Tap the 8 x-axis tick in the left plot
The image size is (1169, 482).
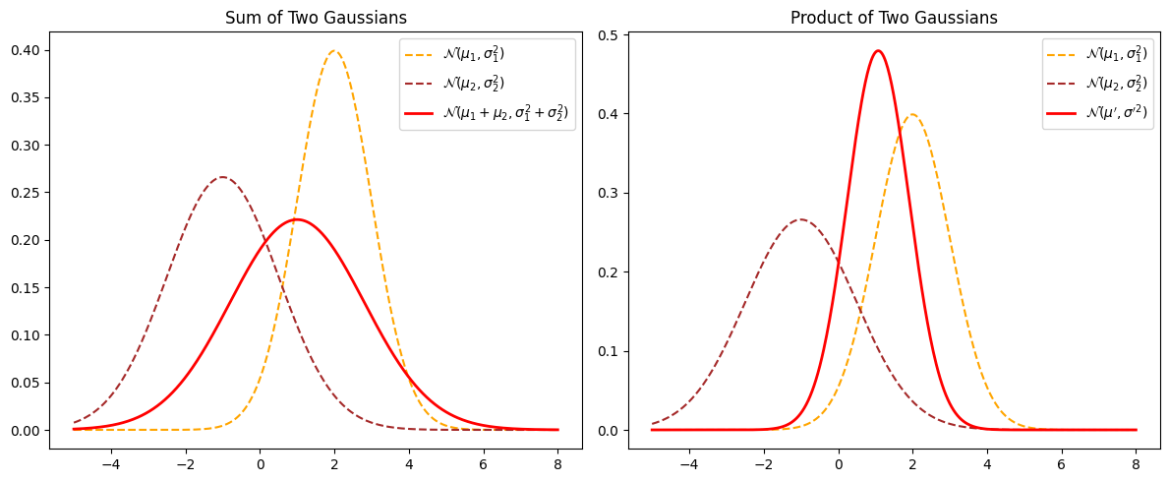(557, 462)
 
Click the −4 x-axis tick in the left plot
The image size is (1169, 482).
(111, 462)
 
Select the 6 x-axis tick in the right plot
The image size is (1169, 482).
(1061, 462)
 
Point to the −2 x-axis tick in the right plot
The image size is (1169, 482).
(764, 462)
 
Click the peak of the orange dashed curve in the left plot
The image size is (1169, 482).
(334, 51)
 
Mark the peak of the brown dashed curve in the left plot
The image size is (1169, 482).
(223, 177)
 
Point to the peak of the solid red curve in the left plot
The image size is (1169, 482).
(297, 219)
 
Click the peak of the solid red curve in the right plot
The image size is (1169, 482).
(878, 51)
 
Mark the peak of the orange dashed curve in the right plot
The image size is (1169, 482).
(912, 114)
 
